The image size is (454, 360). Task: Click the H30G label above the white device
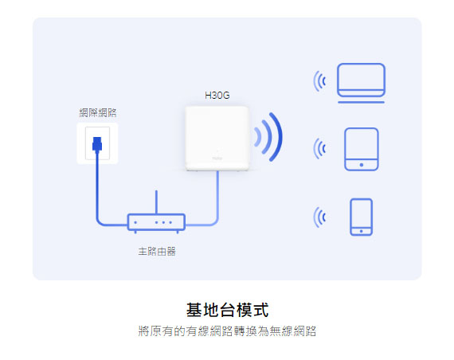pyautogui.click(x=217, y=96)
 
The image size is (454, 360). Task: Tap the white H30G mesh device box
pyautogui.click(x=217, y=139)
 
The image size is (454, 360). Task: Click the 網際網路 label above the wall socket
pyautogui.click(x=98, y=112)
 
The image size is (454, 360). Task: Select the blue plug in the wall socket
pyautogui.click(x=97, y=144)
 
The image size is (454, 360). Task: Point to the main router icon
pyautogui.click(x=156, y=222)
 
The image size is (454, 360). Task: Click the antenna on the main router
pyautogui.click(x=156, y=202)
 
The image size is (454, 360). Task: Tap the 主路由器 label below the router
pyautogui.click(x=157, y=251)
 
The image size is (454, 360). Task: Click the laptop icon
pyautogui.click(x=361, y=83)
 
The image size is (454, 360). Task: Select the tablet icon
pyautogui.click(x=362, y=149)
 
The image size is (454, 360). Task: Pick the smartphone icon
pyautogui.click(x=361, y=217)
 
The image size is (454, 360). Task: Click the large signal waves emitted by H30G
pyautogui.click(x=279, y=137)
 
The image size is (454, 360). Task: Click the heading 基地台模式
pyautogui.click(x=227, y=310)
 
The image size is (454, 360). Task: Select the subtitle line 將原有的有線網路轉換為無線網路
pyautogui.click(x=227, y=331)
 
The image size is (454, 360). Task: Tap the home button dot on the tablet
pyautogui.click(x=362, y=165)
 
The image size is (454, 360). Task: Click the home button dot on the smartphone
pyautogui.click(x=361, y=231)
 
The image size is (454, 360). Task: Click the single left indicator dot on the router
pyautogui.click(x=135, y=222)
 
